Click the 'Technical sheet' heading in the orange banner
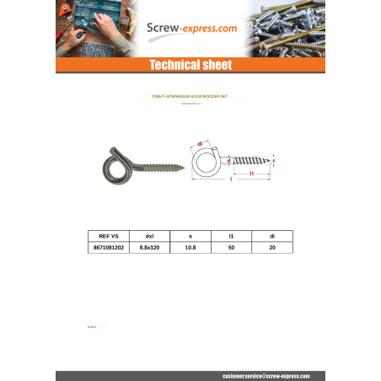190,65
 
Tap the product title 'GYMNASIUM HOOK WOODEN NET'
190,98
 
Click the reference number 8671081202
109,249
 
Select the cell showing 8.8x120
149,249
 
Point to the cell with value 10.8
190,249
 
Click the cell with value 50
230,249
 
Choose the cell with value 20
271,249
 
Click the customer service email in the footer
266,375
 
